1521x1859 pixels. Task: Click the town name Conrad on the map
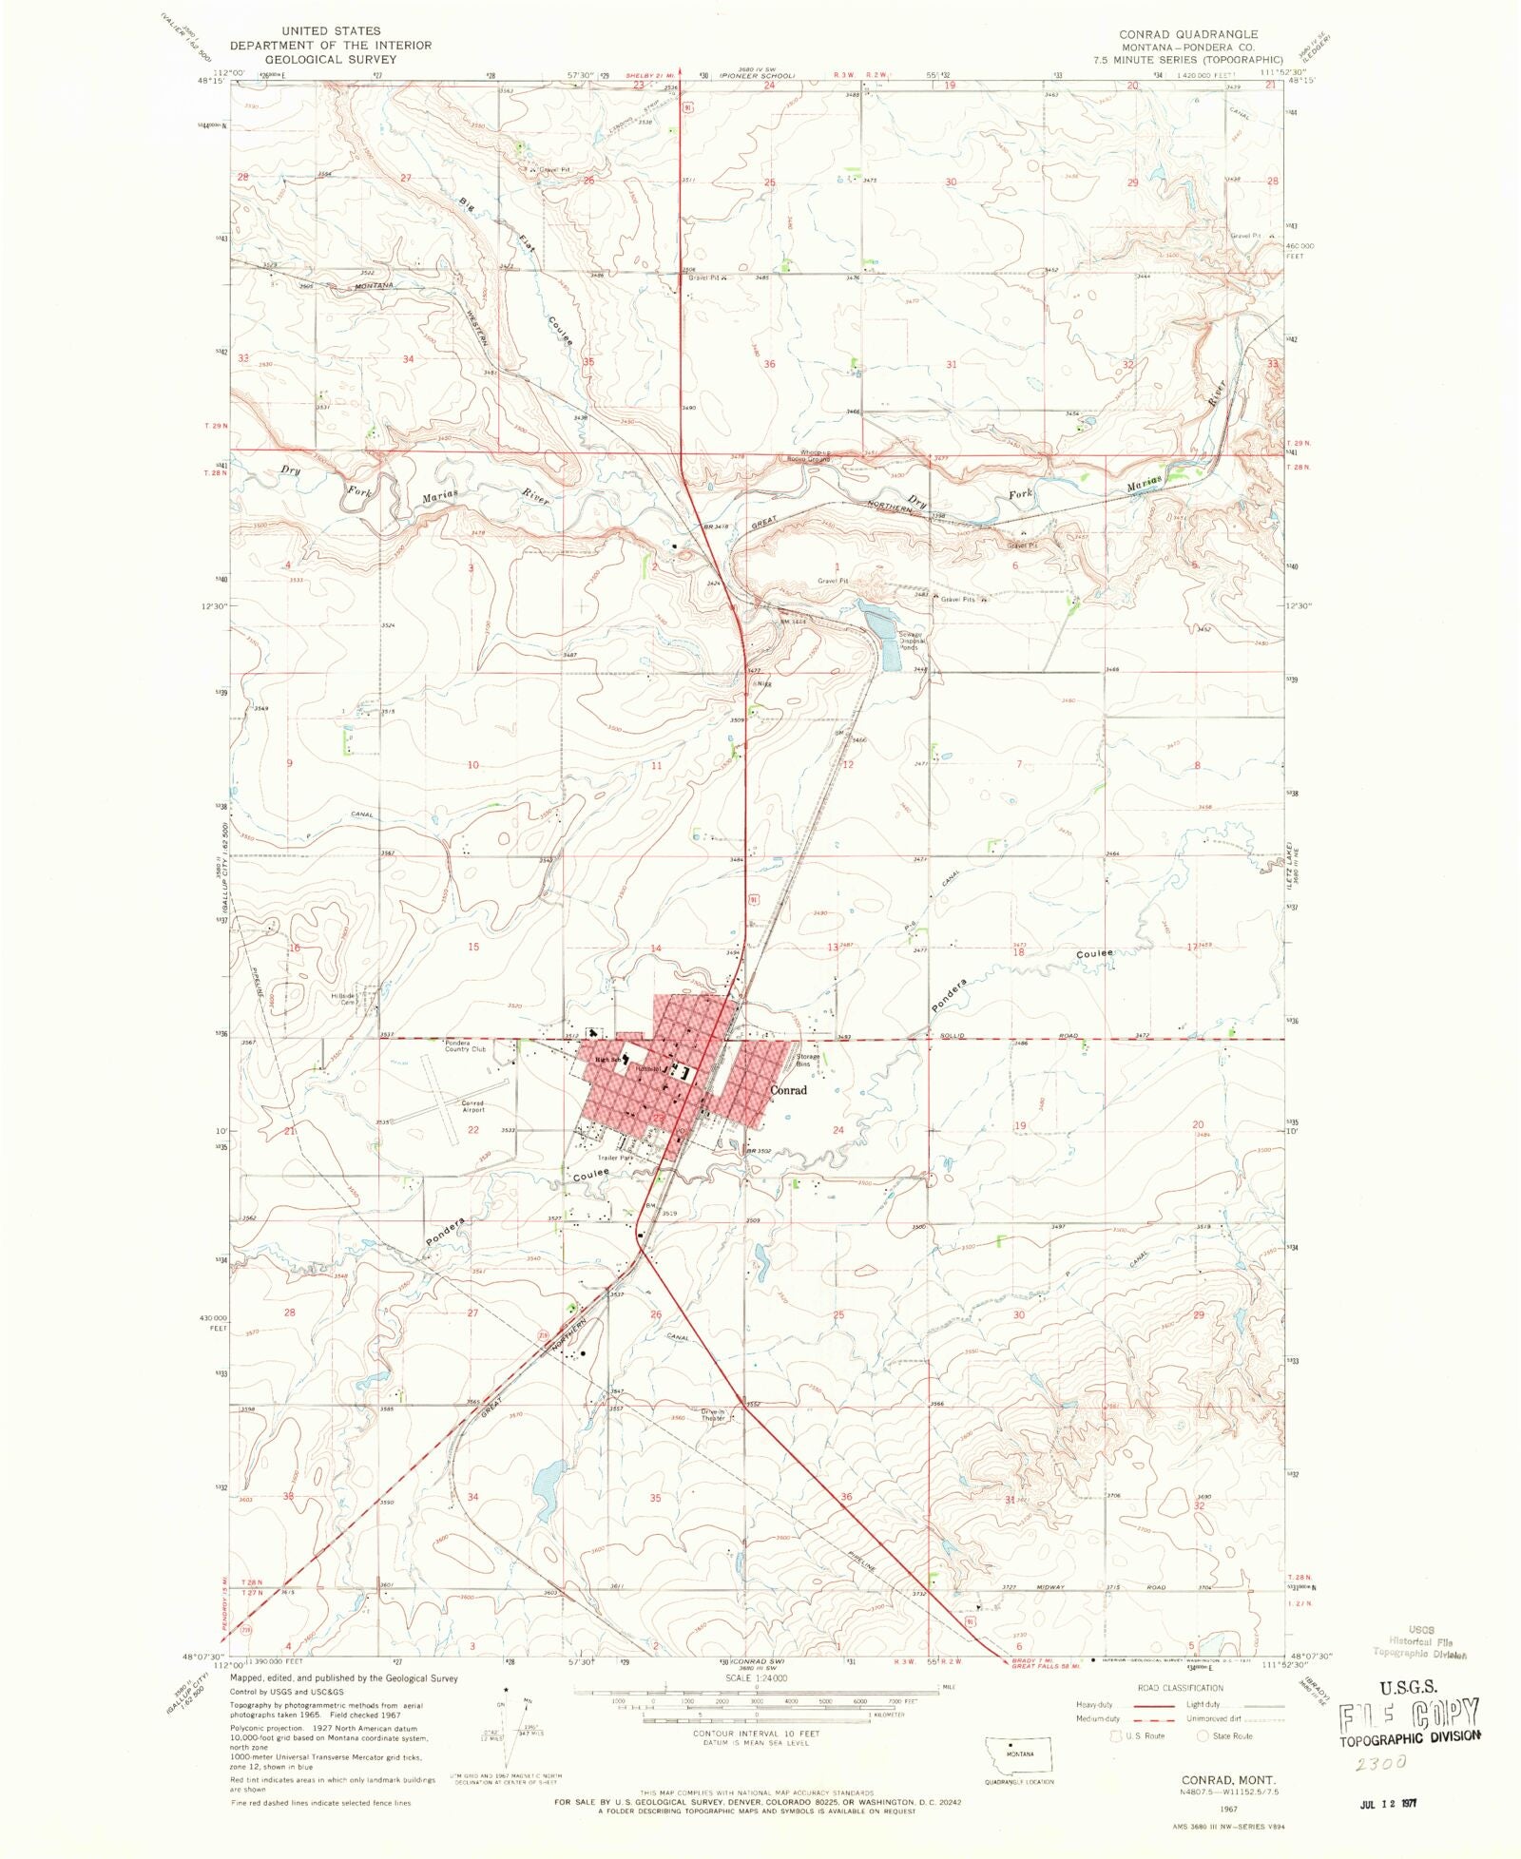pyautogui.click(x=788, y=1090)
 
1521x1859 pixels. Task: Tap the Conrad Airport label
pyautogui.click(x=473, y=1105)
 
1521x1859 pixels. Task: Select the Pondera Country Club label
pyautogui.click(x=465, y=1046)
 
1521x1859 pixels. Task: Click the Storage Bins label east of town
pyautogui.click(x=807, y=1060)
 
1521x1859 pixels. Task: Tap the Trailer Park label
pyautogui.click(x=615, y=1158)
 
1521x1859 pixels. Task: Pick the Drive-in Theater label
pyautogui.click(x=714, y=1415)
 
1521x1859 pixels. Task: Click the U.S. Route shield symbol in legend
pyautogui.click(x=1117, y=1735)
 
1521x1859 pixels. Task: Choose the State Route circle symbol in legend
pyautogui.click(x=1203, y=1735)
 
